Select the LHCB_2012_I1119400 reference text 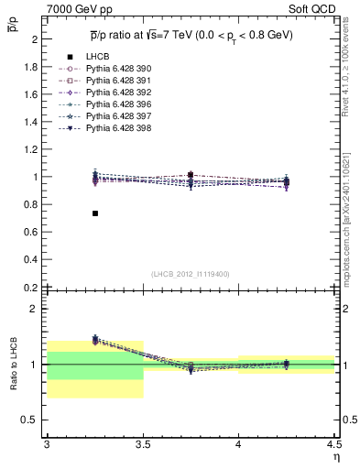191,274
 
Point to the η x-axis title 335,455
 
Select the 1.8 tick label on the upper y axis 30,67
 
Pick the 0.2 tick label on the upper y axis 30,287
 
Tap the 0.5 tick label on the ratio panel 30,420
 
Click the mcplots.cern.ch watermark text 348,211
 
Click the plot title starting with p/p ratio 191,34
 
